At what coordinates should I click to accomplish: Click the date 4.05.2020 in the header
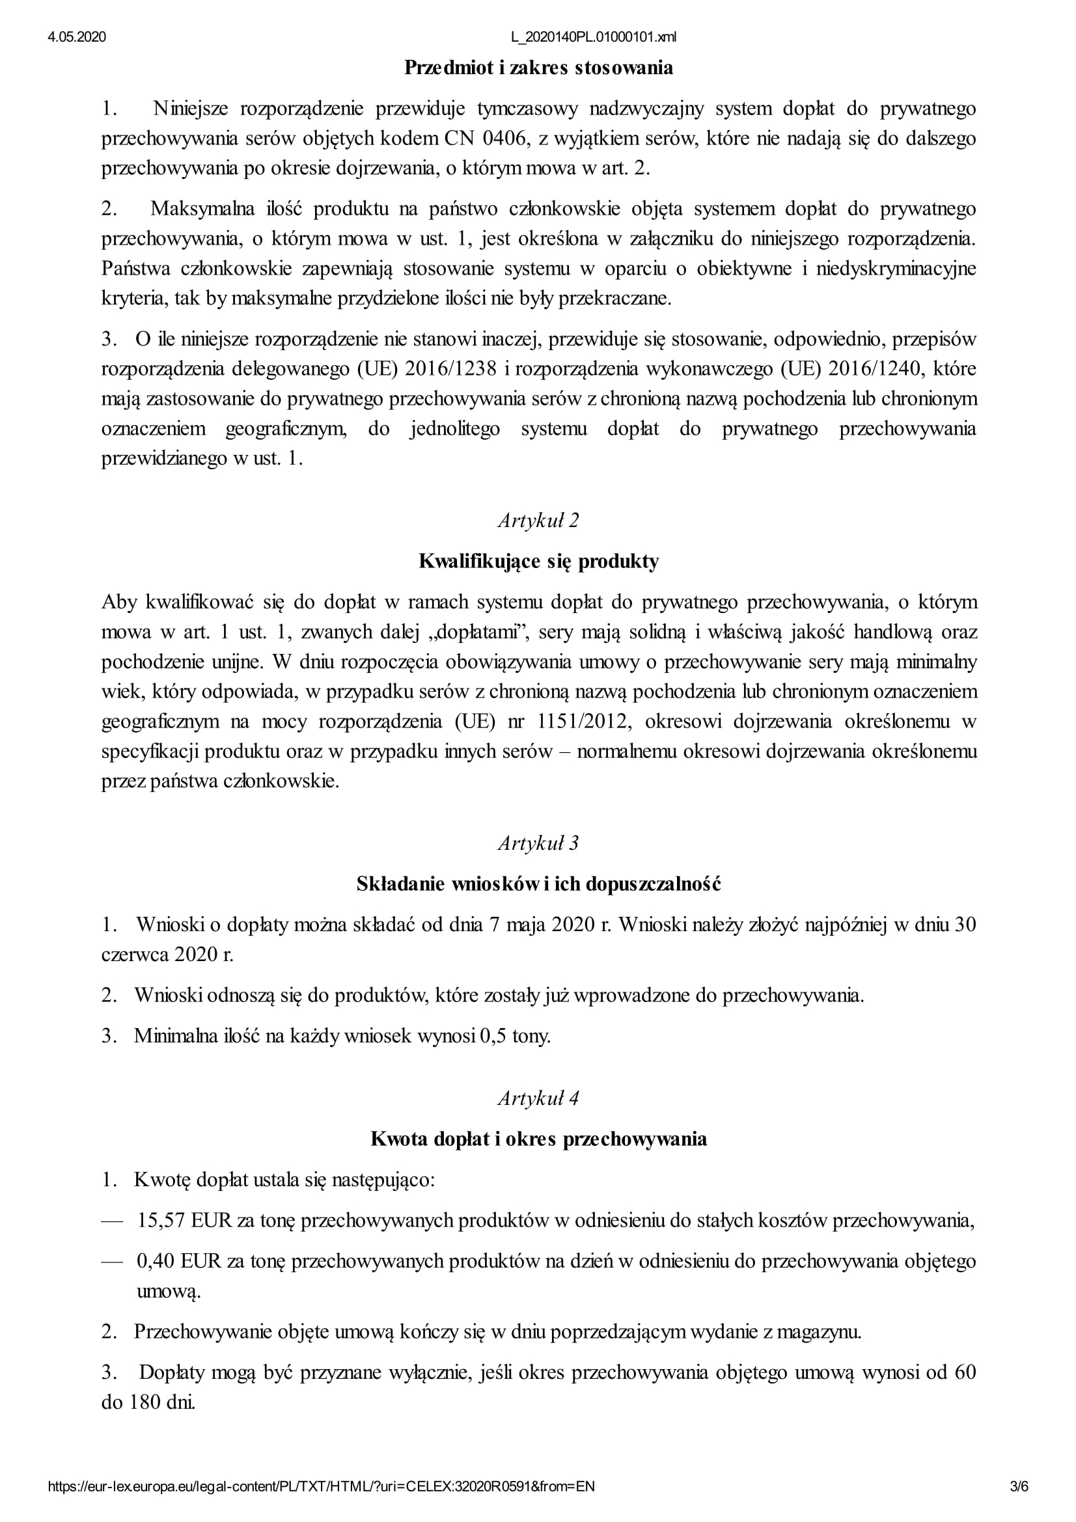coord(76,37)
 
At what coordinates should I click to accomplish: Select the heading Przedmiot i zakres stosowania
coord(538,68)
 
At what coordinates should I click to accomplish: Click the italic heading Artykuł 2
coord(538,521)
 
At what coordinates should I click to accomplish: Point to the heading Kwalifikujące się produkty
coord(538,562)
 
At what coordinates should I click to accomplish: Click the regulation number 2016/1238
coord(450,368)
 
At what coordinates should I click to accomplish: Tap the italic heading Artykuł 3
coord(538,843)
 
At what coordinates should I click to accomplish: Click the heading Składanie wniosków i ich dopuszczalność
coord(538,884)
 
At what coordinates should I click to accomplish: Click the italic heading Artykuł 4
coord(538,1098)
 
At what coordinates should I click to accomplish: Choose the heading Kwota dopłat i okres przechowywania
coord(538,1139)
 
